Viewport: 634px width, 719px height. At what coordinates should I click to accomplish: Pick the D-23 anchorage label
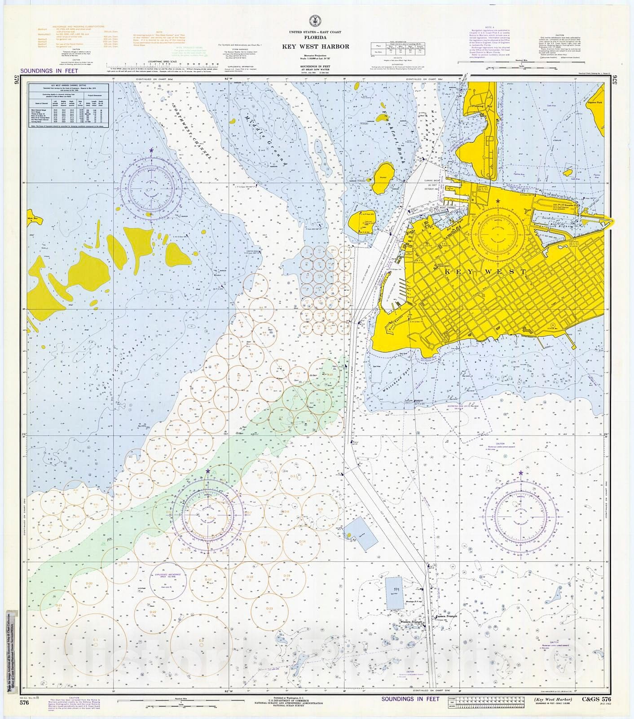[x=269, y=608]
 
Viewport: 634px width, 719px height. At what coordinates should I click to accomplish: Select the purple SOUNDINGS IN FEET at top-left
[x=49, y=71]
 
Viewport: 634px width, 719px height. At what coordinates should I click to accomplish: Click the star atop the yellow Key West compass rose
[x=498, y=201]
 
